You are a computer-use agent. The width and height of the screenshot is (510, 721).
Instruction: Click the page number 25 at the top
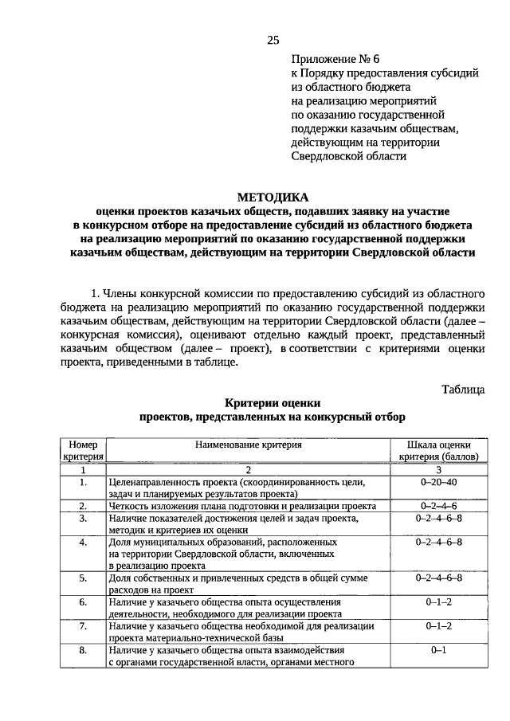pos(273,40)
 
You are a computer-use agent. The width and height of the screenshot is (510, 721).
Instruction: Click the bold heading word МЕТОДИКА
pos(272,198)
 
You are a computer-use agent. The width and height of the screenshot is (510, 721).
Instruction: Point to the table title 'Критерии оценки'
pos(272,403)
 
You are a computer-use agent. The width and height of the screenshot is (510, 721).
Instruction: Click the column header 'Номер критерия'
pos(83,450)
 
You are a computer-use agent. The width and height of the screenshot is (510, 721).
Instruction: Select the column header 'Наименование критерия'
pos(249,445)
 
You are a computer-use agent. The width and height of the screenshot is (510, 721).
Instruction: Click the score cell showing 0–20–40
pos(438,482)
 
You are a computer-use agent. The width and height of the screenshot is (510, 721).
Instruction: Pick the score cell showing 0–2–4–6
pos(438,506)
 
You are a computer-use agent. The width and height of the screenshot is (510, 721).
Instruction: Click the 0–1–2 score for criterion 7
pos(438,626)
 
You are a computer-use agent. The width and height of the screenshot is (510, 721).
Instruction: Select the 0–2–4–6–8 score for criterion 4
pos(438,542)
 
